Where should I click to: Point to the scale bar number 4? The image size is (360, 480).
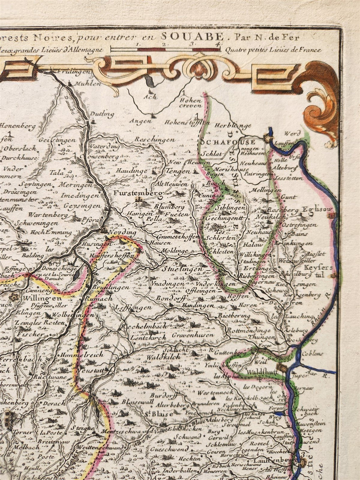(220, 44)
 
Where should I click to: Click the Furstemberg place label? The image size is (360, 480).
(138, 193)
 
